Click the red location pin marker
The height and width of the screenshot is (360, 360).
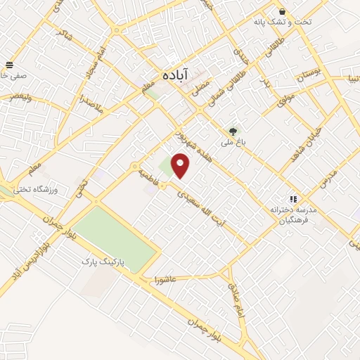coord(181,167)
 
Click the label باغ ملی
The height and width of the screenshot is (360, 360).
coord(231,143)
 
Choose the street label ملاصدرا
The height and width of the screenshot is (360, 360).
coord(89,105)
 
